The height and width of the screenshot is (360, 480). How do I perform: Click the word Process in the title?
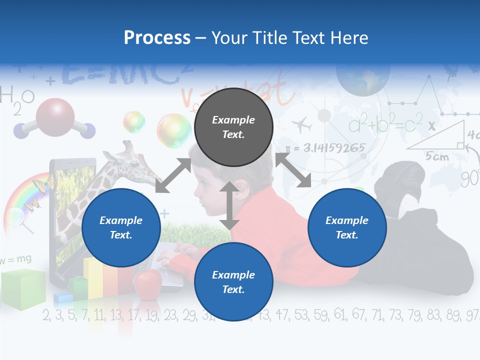pyautogui.click(x=157, y=38)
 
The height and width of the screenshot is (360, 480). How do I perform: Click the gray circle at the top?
pyautogui.click(x=233, y=127)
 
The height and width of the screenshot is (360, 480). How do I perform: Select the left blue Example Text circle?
pyautogui.click(x=121, y=227)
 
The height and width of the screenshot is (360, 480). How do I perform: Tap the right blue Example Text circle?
pyautogui.click(x=347, y=227)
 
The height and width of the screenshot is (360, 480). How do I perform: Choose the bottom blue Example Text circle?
pyautogui.click(x=233, y=282)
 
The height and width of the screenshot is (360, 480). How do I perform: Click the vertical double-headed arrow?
pyautogui.click(x=229, y=205)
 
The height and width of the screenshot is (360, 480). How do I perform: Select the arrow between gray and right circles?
pyautogui.click(x=293, y=170)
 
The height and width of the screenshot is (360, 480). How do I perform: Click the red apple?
pyautogui.click(x=147, y=283)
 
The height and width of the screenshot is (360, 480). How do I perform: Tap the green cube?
pyautogui.click(x=22, y=289)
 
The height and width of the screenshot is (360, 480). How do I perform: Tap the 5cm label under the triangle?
pyautogui.click(x=436, y=156)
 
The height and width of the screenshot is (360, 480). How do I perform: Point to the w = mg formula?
pyautogui.click(x=16, y=259)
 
